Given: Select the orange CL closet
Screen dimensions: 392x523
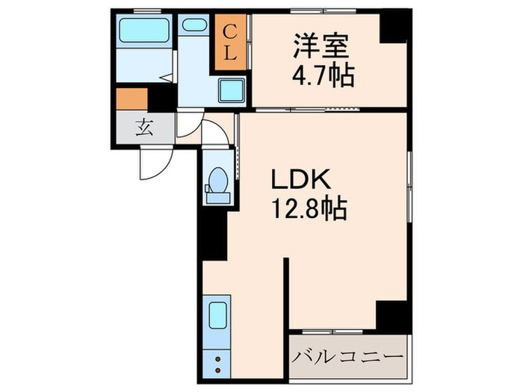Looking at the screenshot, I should (x=230, y=42).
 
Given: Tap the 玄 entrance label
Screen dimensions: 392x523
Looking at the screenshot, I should (x=144, y=127).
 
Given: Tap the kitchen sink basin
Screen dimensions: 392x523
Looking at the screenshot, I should (x=217, y=314).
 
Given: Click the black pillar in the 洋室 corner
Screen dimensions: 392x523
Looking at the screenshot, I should (x=393, y=28).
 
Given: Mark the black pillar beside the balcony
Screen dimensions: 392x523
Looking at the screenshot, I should (x=392, y=315).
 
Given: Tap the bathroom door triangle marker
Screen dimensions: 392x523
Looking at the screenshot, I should (x=169, y=75).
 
